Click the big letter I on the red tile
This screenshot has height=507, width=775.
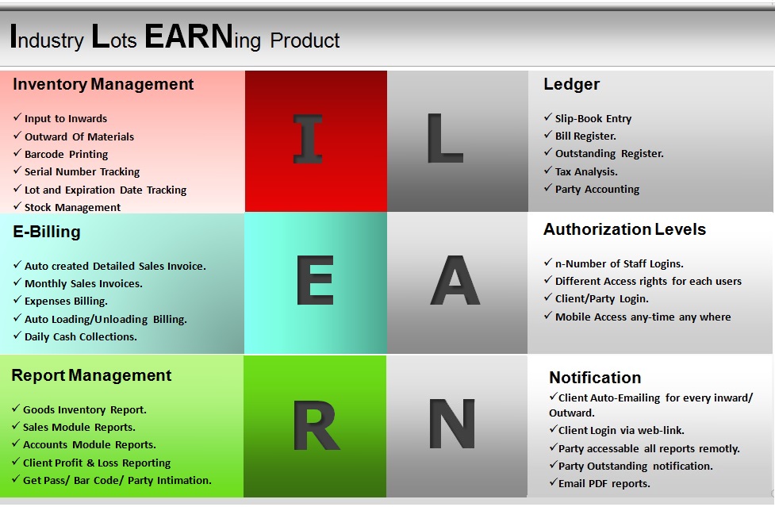[x=308, y=139]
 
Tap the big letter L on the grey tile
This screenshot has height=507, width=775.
[x=445, y=138]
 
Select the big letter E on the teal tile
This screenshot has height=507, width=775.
[x=315, y=280]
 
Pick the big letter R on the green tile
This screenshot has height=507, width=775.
[x=317, y=425]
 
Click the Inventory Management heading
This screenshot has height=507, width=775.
[x=103, y=84]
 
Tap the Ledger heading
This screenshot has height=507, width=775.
[x=571, y=84]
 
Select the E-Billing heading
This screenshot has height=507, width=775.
[x=47, y=232]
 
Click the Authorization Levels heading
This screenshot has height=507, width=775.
[x=625, y=229]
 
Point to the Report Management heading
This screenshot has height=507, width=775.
[x=91, y=375]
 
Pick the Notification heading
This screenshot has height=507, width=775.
[x=595, y=378]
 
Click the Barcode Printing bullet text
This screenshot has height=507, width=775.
[x=66, y=154]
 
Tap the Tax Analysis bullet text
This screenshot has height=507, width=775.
[x=586, y=171]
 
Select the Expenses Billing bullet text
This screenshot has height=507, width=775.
[x=66, y=301]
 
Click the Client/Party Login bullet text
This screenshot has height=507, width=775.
[x=601, y=299]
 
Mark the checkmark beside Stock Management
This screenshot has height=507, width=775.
[x=17, y=205]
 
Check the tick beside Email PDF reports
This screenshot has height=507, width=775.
[x=554, y=482]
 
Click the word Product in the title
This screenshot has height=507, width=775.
[x=305, y=40]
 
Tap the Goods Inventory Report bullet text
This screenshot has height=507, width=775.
[x=85, y=409]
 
